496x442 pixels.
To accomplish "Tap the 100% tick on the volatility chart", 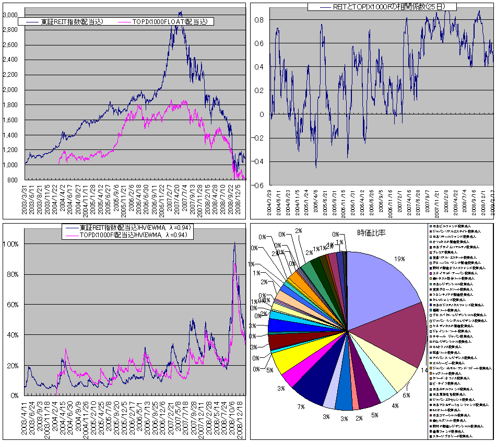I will [11, 244].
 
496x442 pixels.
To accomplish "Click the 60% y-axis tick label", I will [13, 305].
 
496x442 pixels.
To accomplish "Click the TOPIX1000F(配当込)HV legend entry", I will [136, 235].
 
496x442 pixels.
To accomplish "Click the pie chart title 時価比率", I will [372, 232].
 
